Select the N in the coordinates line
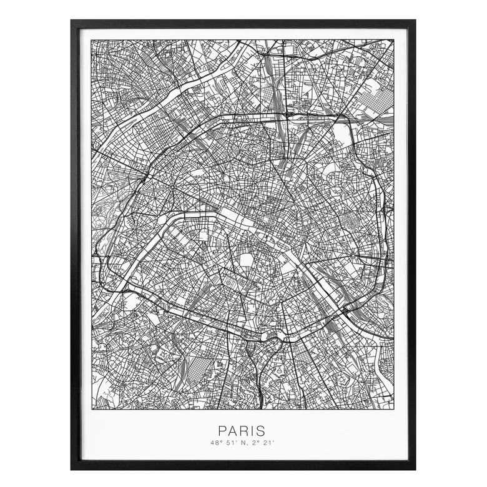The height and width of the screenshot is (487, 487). click(x=242, y=443)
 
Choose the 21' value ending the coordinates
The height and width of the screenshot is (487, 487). click(x=268, y=443)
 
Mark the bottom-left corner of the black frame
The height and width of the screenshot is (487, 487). click(x=72, y=468)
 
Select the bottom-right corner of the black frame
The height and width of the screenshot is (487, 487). click(x=415, y=468)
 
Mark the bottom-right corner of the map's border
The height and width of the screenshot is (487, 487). click(x=395, y=409)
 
